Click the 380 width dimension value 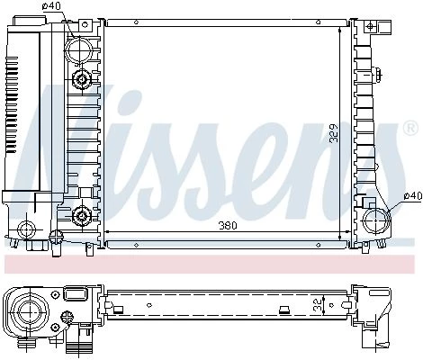228,225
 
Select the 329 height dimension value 334,133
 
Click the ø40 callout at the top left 51,5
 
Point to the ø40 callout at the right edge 413,196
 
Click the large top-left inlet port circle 78,50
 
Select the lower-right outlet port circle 376,221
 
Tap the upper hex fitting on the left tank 81,79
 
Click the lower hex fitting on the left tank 81,215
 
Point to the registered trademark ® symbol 410,128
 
